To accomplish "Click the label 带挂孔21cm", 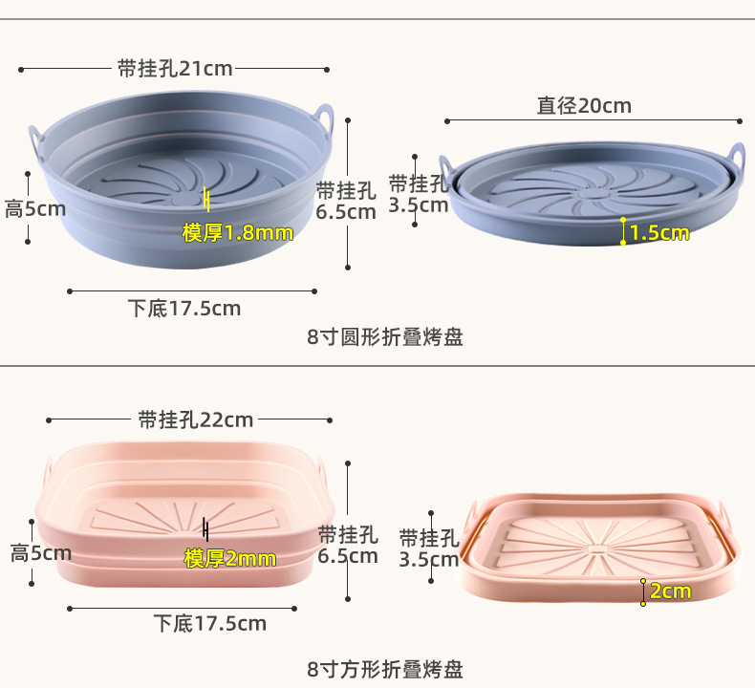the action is click(175, 69).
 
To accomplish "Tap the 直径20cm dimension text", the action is click(584, 106).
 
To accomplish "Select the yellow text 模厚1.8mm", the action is click(238, 232).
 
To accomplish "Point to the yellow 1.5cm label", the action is click(658, 232).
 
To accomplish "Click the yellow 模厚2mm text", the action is click(229, 558).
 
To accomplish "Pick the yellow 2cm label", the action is click(670, 591).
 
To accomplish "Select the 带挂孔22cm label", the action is click(196, 419).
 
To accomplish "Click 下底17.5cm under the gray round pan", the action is click(184, 309).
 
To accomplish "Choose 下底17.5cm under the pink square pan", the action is click(210, 624).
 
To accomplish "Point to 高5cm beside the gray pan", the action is click(35, 208).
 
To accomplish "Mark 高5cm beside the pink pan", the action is click(41, 553).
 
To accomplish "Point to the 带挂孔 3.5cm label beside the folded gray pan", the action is click(419, 194).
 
